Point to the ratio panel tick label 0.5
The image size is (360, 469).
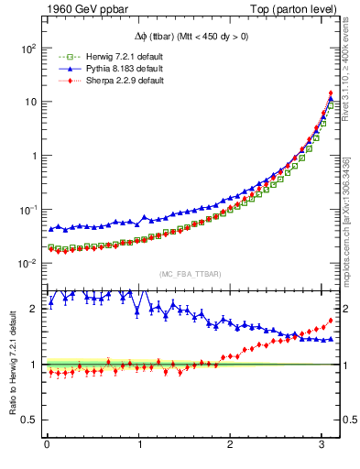(x=29, y=420)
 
